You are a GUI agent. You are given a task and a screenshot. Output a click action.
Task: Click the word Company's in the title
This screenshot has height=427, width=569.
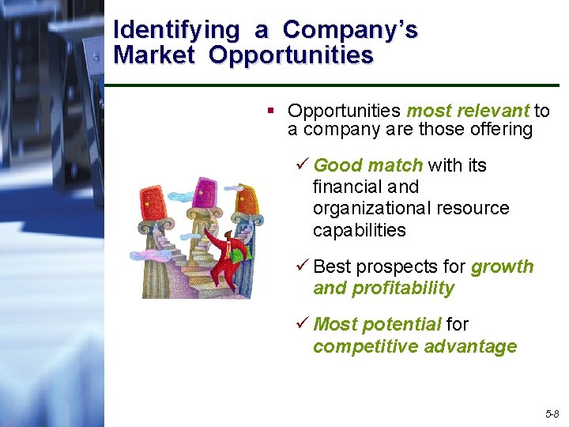[x=350, y=30]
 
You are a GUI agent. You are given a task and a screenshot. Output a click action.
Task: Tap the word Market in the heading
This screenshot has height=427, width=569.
[x=153, y=55]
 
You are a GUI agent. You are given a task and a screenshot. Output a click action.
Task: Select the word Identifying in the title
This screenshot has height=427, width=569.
[x=175, y=30]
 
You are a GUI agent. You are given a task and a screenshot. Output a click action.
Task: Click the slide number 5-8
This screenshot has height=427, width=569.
[x=551, y=414]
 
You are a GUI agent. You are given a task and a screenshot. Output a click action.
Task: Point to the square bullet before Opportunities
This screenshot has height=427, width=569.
[x=270, y=110]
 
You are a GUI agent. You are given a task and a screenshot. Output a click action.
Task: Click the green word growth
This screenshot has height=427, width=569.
[x=502, y=266]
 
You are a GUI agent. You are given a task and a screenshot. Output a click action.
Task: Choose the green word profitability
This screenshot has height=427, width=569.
[x=401, y=288]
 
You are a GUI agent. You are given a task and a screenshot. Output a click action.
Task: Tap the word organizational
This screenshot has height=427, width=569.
[x=371, y=209]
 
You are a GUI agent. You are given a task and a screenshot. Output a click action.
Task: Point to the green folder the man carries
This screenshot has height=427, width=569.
[x=241, y=251]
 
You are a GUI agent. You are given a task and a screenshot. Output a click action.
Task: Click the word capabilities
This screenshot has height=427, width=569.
[x=359, y=230]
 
